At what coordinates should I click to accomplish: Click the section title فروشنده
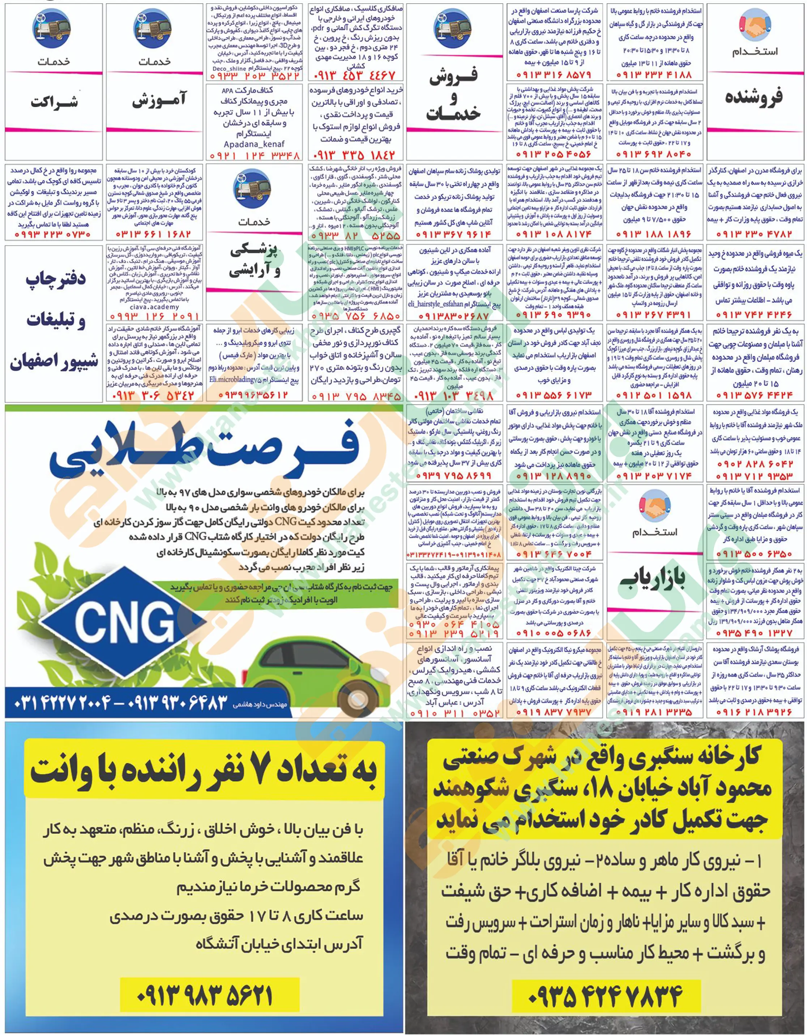point(753,97)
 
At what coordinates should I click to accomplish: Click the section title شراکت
point(55,102)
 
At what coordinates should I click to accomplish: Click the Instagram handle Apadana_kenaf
point(254,143)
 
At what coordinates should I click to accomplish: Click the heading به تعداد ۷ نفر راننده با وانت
point(204,773)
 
